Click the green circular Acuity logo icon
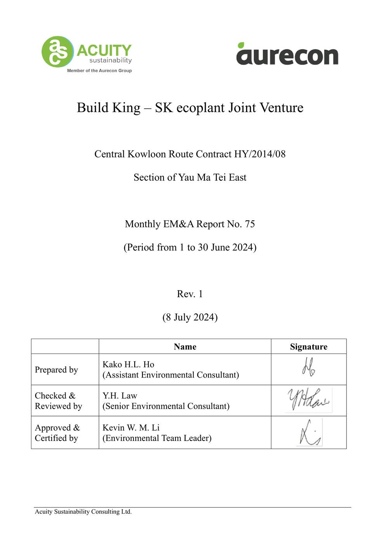(x=57, y=52)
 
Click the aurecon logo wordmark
(x=287, y=54)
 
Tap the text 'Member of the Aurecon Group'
(x=99, y=71)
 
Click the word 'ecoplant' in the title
(x=200, y=108)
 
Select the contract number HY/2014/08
(x=260, y=154)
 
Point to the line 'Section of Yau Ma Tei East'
(x=190, y=178)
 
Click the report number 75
(x=250, y=224)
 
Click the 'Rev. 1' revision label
(x=190, y=294)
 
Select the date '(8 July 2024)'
(x=190, y=317)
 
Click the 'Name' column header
(x=185, y=347)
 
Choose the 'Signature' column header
(x=309, y=347)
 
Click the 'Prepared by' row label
(x=56, y=370)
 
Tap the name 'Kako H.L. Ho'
(x=128, y=364)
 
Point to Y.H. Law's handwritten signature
(x=309, y=400)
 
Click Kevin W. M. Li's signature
(x=309, y=433)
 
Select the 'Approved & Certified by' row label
(x=57, y=433)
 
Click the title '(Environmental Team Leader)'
(x=157, y=438)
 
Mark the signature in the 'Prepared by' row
(x=309, y=367)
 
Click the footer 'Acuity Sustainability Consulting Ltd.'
(x=83, y=512)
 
